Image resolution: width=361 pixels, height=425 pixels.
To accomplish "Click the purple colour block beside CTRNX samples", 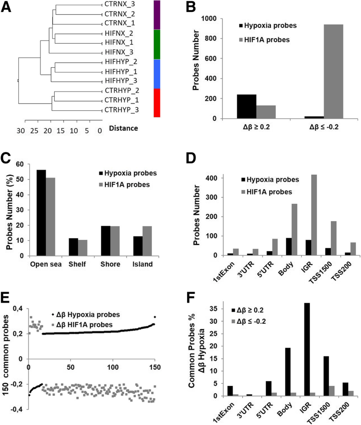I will (x=156, y=15).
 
